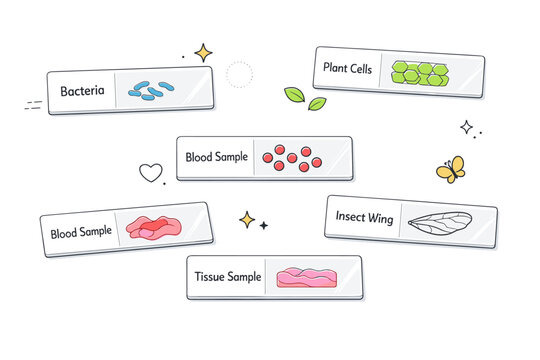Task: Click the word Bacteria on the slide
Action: click(x=81, y=92)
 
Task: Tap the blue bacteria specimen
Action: click(x=147, y=90)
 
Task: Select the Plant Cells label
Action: click(x=349, y=68)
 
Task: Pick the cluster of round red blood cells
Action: click(x=291, y=158)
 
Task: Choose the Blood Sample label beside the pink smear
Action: click(x=81, y=232)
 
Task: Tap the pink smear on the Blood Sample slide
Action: click(x=152, y=228)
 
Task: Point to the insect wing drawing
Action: click(x=433, y=224)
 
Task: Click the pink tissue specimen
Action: click(x=304, y=277)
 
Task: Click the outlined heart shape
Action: click(x=150, y=172)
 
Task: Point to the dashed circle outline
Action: click(x=239, y=74)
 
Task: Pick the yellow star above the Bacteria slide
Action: click(x=204, y=52)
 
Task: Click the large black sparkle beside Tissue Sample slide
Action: click(x=246, y=219)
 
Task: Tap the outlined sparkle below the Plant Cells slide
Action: click(x=466, y=127)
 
